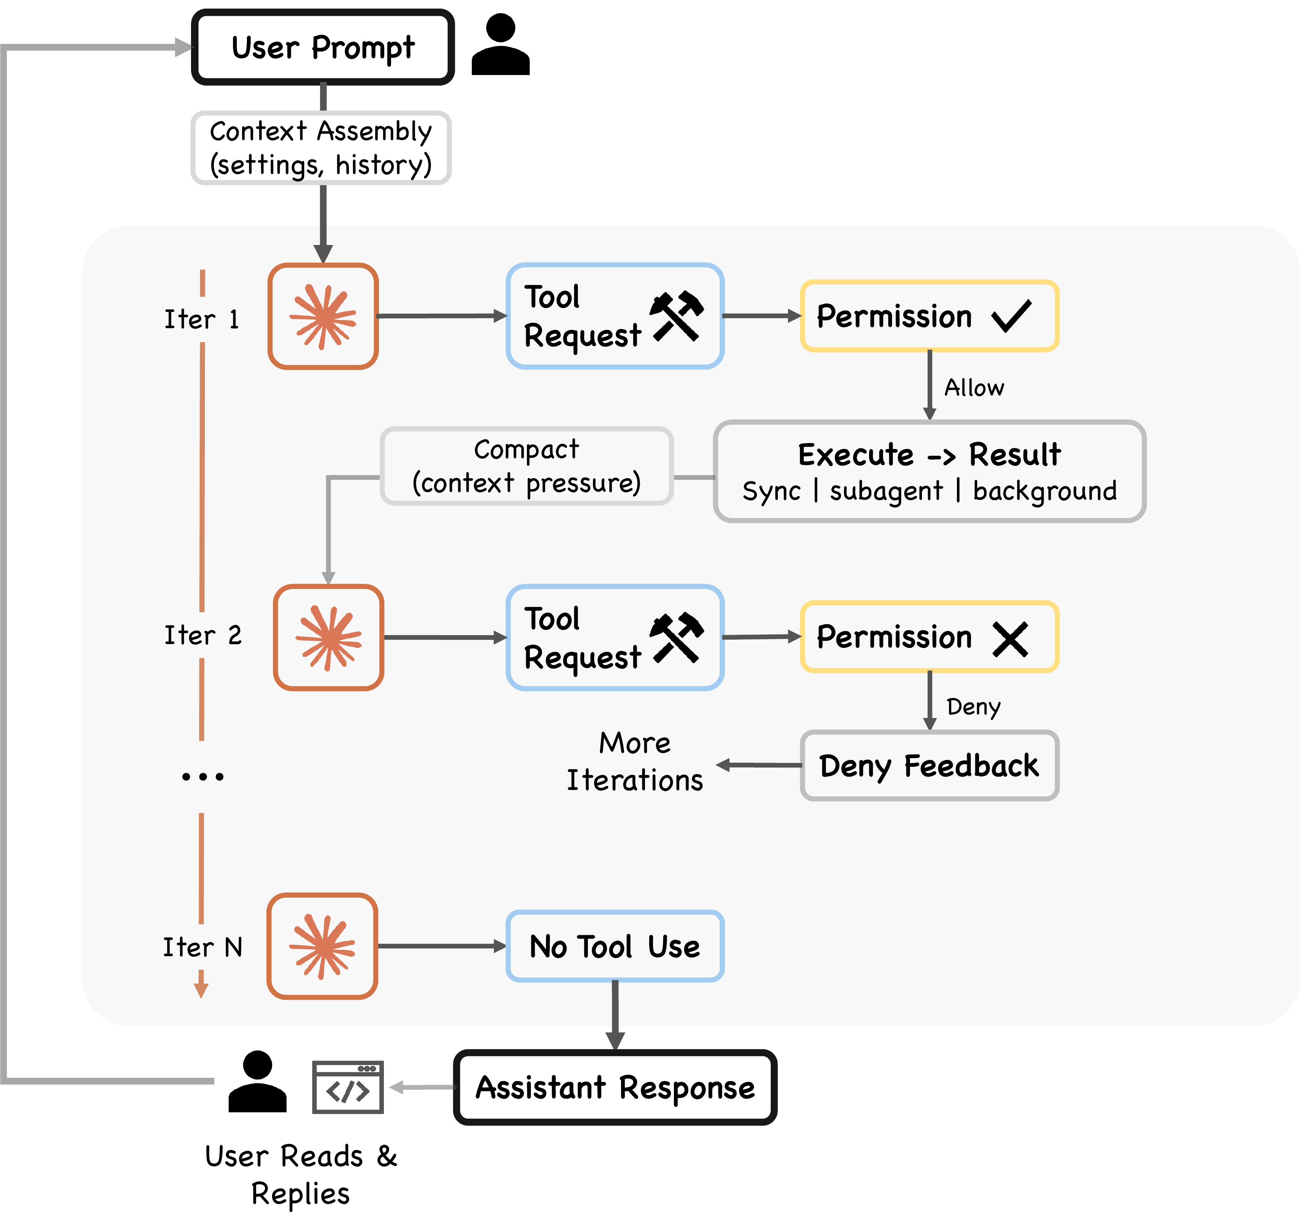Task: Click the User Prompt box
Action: click(x=322, y=47)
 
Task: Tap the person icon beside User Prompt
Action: click(x=501, y=45)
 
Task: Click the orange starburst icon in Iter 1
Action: click(x=323, y=317)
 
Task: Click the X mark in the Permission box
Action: click(x=1010, y=639)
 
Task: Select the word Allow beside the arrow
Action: click(x=974, y=388)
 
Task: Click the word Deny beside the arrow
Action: click(x=973, y=707)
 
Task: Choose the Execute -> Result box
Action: click(x=929, y=472)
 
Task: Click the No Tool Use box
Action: click(x=615, y=947)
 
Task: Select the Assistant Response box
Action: click(x=615, y=1088)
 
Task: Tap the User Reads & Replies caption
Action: click(x=301, y=1174)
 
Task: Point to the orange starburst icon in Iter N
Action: click(x=322, y=947)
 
